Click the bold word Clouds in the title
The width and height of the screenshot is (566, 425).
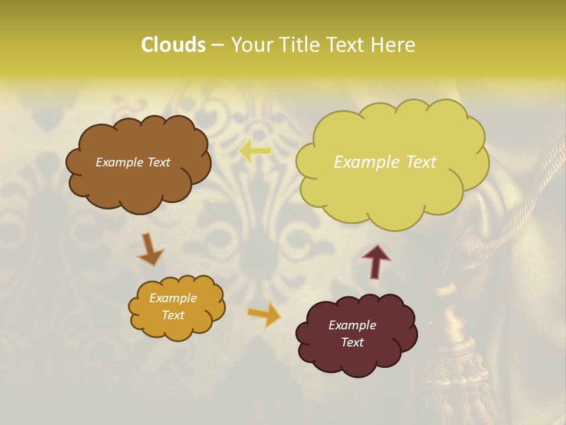click(x=173, y=45)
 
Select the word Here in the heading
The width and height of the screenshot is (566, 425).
click(x=393, y=45)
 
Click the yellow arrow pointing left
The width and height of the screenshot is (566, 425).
click(x=255, y=151)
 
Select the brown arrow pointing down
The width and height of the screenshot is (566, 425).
click(x=150, y=249)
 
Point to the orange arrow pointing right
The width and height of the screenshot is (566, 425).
click(x=264, y=314)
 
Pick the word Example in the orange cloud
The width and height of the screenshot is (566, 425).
click(x=173, y=298)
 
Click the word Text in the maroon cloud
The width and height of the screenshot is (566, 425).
click(x=352, y=342)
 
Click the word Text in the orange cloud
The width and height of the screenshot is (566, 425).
click(x=173, y=315)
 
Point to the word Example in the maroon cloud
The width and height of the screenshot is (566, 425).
click(x=352, y=325)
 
